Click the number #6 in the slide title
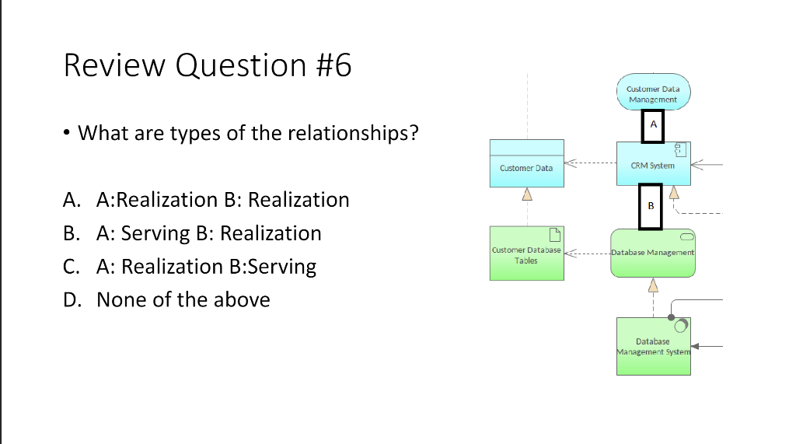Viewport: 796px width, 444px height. point(334,65)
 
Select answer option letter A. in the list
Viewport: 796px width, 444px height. point(72,200)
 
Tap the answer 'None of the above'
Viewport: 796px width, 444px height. point(183,300)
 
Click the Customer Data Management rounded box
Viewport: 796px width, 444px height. point(653,94)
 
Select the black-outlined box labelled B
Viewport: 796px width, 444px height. point(651,206)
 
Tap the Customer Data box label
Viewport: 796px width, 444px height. point(526,168)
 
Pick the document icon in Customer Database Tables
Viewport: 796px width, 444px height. point(555,233)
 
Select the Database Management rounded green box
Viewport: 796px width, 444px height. point(653,253)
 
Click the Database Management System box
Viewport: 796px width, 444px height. point(653,346)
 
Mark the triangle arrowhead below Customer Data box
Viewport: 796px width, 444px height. point(526,194)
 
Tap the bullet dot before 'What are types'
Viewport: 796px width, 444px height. point(68,134)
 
